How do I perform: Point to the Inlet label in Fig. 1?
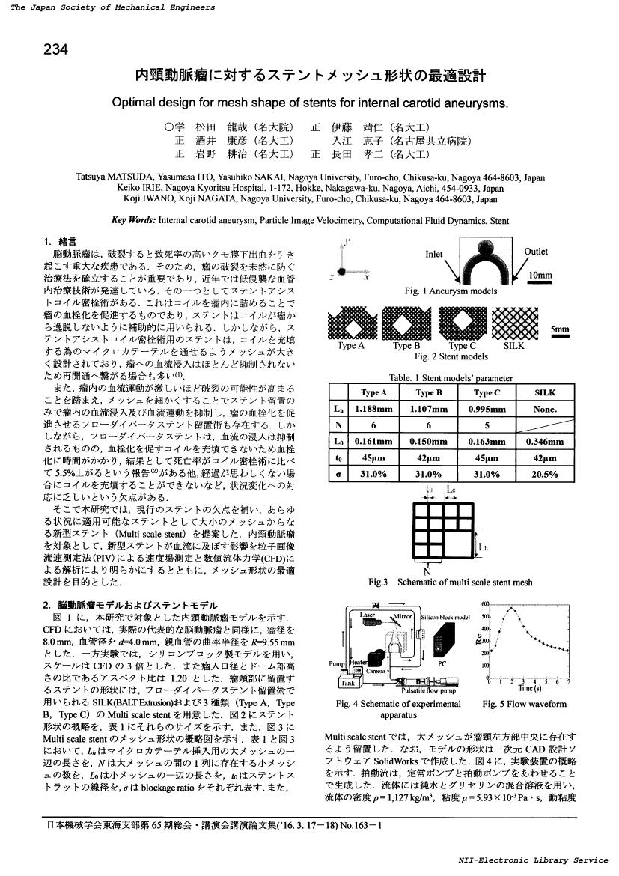click(435, 254)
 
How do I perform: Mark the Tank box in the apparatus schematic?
click(347, 683)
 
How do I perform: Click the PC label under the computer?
click(442, 663)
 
